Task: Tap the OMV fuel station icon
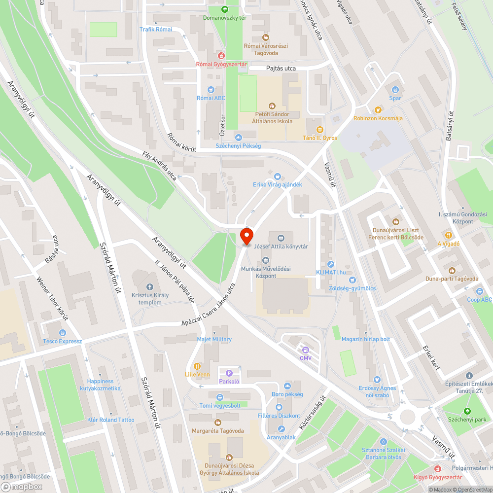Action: (x=306, y=350)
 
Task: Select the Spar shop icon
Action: (x=395, y=90)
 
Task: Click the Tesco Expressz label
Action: (x=62, y=341)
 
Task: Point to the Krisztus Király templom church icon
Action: (x=150, y=287)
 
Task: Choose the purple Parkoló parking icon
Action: (x=229, y=373)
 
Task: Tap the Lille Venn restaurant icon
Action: (x=197, y=366)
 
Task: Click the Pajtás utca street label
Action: (x=281, y=69)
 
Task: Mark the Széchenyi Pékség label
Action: (x=238, y=146)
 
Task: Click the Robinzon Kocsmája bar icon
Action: (x=378, y=110)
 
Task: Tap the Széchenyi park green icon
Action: (x=467, y=411)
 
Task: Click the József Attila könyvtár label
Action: (x=281, y=246)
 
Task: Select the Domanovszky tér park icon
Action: (x=225, y=9)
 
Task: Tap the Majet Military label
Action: (x=214, y=339)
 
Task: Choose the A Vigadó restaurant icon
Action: (x=449, y=235)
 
